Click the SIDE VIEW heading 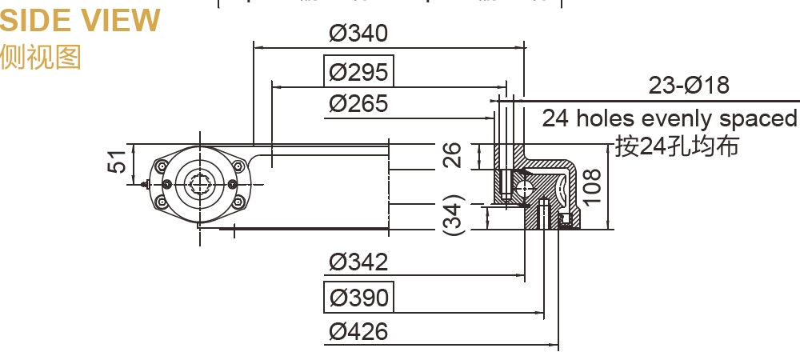80,20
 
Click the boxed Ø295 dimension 358,72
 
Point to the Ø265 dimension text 358,103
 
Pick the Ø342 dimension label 358,262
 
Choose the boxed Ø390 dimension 358,298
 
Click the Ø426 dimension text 358,330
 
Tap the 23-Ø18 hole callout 689,86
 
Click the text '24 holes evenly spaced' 670,118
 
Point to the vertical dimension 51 117,163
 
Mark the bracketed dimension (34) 453,214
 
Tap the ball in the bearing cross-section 526,189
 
